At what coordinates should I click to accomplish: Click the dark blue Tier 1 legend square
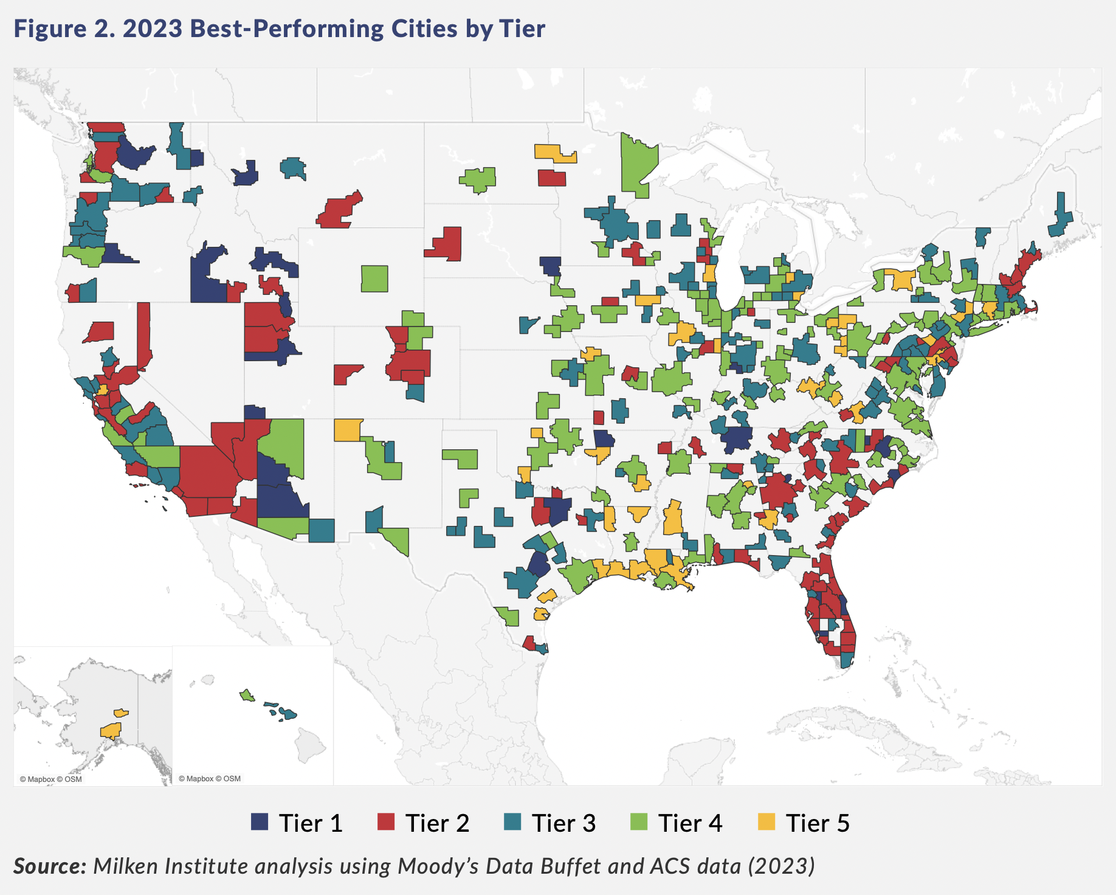click(x=260, y=822)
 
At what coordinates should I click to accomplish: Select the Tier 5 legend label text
click(x=817, y=823)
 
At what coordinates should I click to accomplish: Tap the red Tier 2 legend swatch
click(x=386, y=822)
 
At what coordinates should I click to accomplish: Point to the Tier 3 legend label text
click(x=563, y=823)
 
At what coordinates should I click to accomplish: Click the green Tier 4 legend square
click(x=639, y=822)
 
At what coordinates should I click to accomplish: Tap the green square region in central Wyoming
click(x=374, y=278)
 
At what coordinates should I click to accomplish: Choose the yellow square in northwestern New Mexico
click(x=348, y=430)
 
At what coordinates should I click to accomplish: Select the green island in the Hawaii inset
click(x=247, y=695)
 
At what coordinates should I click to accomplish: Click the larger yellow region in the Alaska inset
click(x=111, y=730)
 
